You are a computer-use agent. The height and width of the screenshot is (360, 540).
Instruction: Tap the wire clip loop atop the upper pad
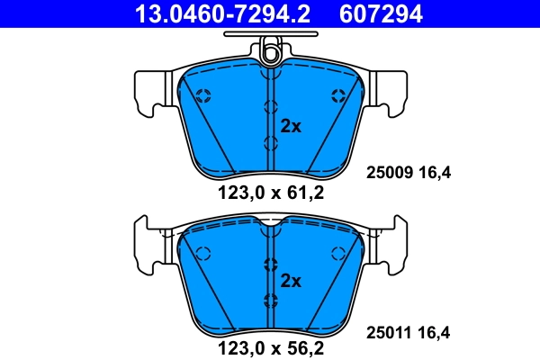(269, 55)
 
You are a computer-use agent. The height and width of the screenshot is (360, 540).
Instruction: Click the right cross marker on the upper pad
(338, 96)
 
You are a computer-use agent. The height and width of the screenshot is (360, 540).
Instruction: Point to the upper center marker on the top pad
(270, 108)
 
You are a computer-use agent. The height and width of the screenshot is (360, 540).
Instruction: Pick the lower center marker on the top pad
(270, 143)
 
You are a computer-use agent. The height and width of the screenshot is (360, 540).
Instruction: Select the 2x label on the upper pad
(290, 126)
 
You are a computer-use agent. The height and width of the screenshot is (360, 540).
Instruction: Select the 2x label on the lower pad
(290, 281)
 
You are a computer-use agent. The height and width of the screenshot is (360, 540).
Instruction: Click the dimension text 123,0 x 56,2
(270, 346)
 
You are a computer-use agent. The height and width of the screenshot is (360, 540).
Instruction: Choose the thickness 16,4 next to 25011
(433, 332)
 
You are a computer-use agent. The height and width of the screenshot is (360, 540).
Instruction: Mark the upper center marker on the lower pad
(270, 264)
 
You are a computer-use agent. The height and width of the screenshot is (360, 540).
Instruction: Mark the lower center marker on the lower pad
(270, 300)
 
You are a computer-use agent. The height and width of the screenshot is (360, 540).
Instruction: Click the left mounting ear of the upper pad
(148, 90)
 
